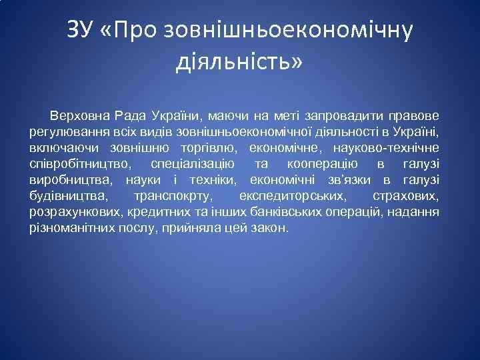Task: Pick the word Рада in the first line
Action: (129, 115)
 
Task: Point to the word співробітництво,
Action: (74, 163)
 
